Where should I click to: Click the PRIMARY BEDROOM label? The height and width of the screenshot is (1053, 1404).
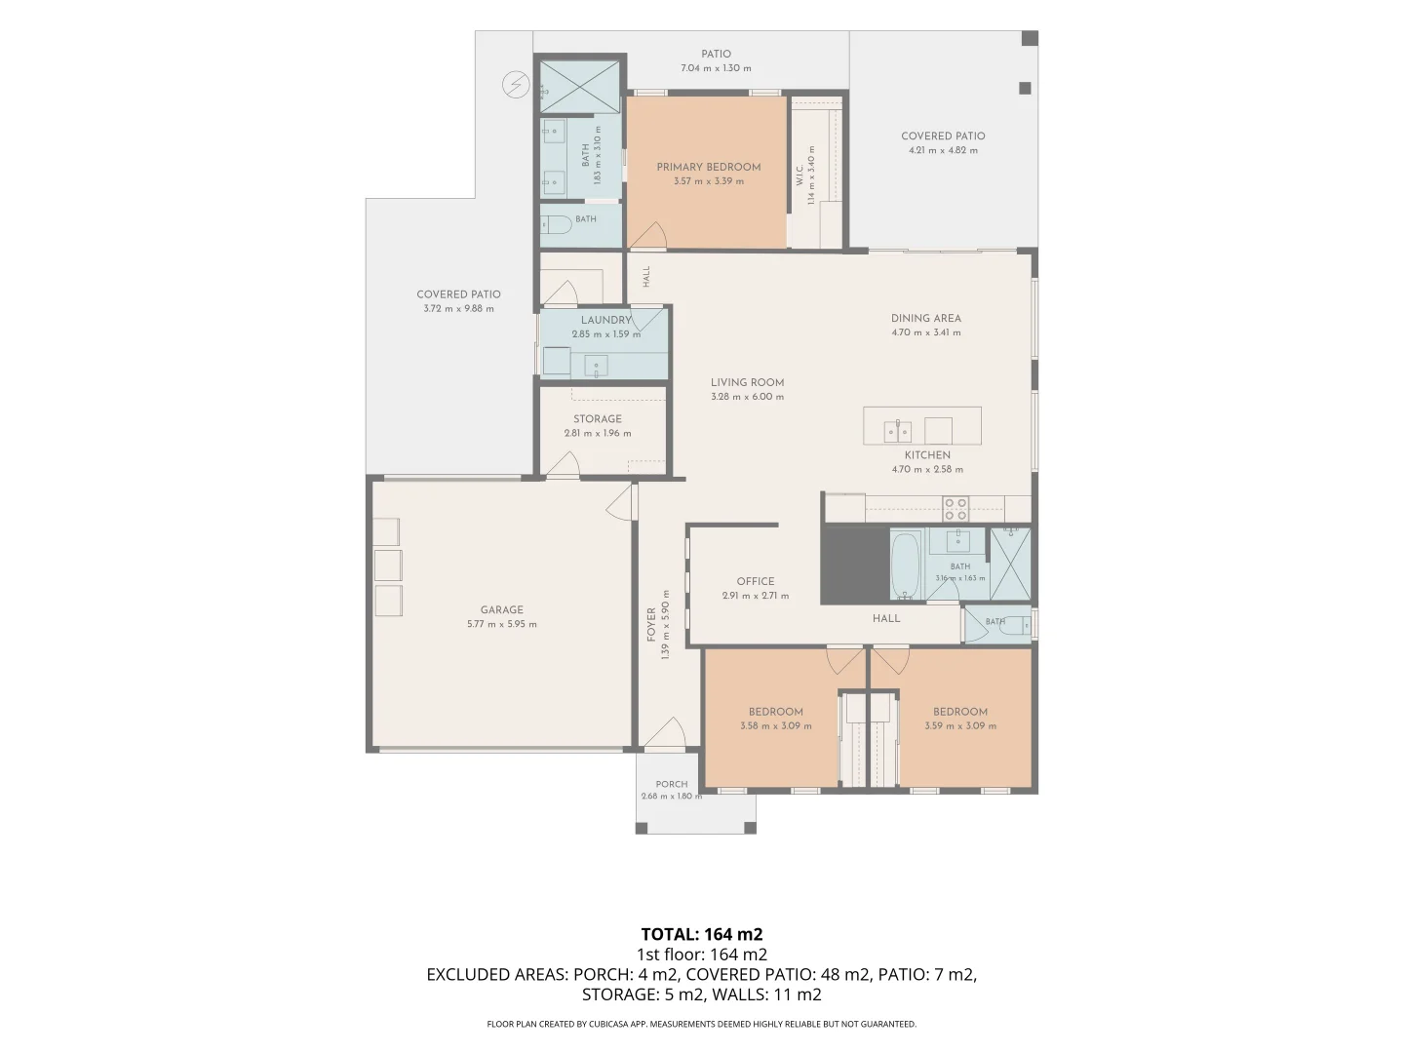click(708, 168)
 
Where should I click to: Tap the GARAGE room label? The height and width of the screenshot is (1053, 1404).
click(501, 610)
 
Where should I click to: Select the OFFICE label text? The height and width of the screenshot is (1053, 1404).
click(756, 581)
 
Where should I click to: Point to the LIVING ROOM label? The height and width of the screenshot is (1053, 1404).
click(747, 382)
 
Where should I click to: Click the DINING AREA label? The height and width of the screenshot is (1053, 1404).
click(925, 319)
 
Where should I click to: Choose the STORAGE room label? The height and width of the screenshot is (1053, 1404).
click(598, 419)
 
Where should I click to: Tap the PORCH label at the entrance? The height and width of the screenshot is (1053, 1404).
click(672, 784)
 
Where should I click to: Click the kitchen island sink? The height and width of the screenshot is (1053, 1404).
click(897, 432)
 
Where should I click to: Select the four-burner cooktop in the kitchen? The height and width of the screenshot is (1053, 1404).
click(955, 509)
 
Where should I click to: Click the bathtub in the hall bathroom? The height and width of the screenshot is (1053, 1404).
click(905, 565)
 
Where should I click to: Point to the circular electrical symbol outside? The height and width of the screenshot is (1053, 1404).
click(516, 85)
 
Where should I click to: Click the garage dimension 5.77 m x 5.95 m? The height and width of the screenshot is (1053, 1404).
click(501, 624)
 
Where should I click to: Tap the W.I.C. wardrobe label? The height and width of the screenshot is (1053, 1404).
click(799, 176)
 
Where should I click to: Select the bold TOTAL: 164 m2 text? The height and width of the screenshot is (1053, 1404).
click(702, 934)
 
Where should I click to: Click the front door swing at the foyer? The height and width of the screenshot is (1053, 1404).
click(665, 732)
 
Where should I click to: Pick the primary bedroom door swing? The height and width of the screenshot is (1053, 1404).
click(647, 235)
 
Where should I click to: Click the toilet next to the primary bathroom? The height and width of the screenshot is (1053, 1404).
click(556, 224)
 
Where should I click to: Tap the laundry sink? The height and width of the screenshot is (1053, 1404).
click(596, 367)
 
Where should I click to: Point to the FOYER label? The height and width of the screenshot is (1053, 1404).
click(651, 625)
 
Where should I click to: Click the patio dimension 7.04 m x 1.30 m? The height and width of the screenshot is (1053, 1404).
click(716, 68)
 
